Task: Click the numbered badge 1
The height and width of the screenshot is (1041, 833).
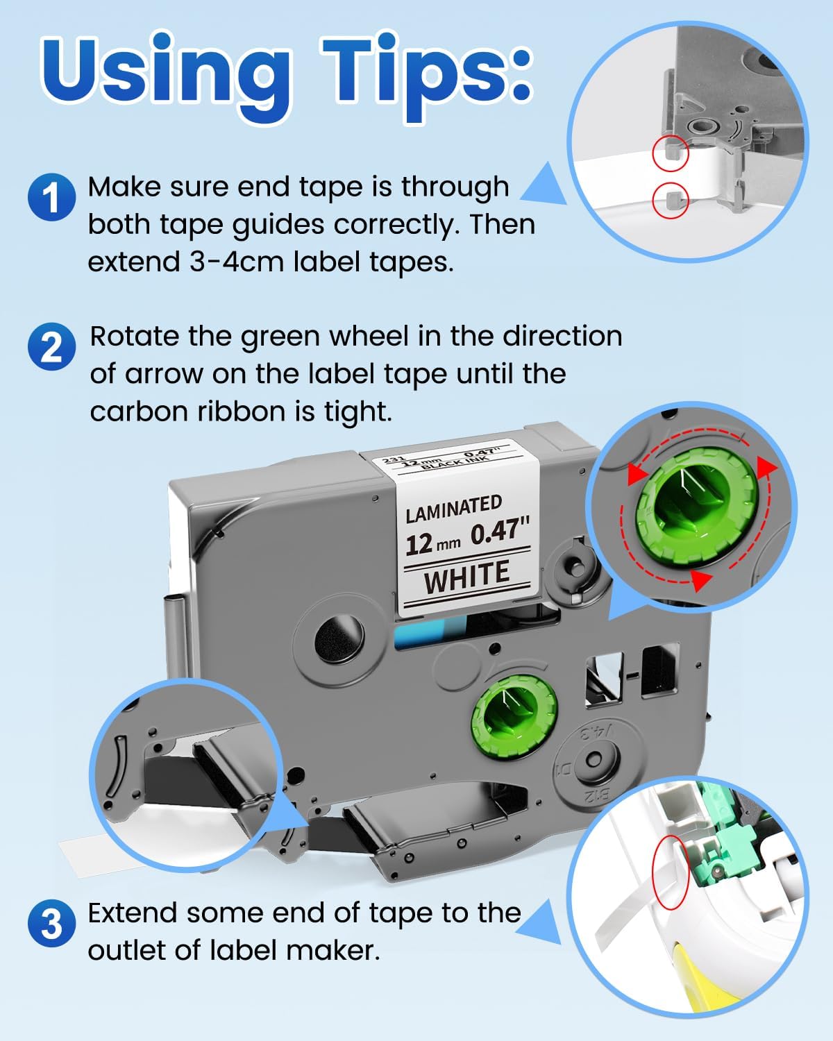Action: [x=51, y=198]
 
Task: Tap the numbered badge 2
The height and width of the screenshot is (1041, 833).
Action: [x=51, y=346]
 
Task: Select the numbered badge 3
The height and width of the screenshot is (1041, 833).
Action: [x=51, y=924]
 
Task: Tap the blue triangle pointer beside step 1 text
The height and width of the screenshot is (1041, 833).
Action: [x=545, y=185]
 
